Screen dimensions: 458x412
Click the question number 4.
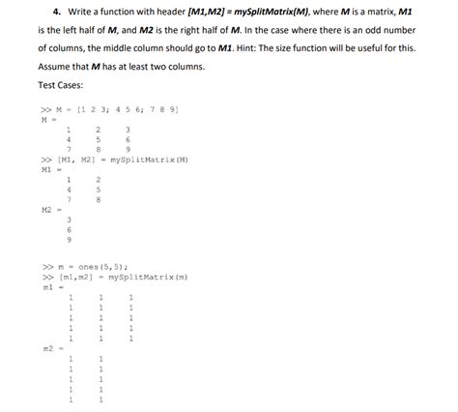[58, 11]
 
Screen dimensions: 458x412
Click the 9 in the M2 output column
[69, 239]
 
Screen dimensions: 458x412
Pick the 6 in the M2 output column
[69, 229]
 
